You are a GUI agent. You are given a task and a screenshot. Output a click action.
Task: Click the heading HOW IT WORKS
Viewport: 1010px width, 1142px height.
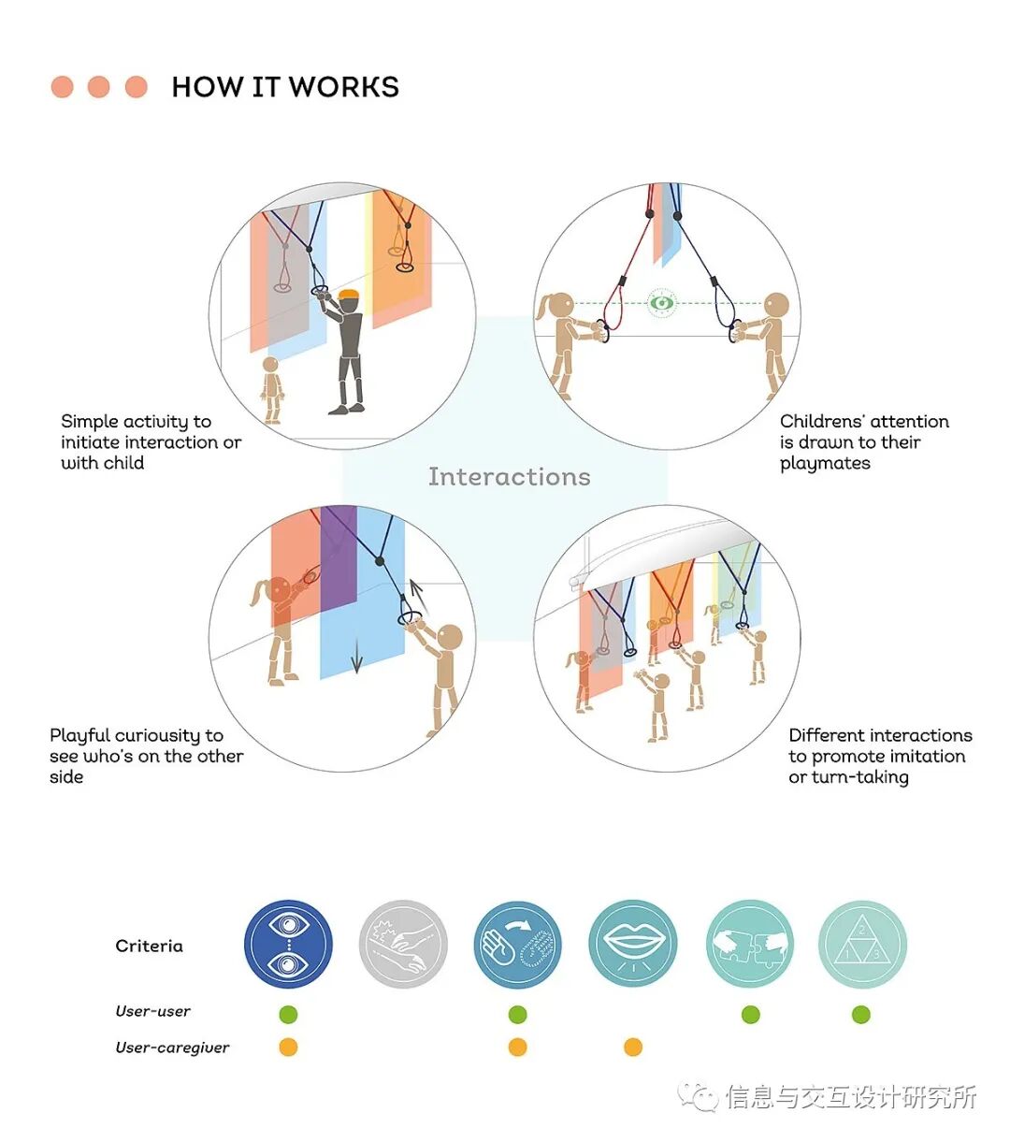(285, 87)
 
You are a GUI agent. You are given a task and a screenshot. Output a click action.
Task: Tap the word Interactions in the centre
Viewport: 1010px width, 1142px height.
(509, 477)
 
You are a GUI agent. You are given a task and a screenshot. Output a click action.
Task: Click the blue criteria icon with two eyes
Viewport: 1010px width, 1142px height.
(288, 945)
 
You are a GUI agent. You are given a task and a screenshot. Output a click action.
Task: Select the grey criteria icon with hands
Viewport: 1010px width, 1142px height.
(403, 945)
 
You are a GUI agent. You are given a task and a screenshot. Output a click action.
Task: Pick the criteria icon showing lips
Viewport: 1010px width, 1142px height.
(633, 945)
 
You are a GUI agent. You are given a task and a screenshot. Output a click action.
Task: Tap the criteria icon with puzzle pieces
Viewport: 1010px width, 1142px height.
(750, 945)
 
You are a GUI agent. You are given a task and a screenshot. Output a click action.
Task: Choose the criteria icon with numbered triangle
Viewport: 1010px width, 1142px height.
(862, 945)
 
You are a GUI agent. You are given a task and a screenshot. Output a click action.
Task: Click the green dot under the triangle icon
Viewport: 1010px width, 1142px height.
(861, 1015)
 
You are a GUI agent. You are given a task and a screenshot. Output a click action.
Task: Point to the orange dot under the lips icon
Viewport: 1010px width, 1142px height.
(633, 1048)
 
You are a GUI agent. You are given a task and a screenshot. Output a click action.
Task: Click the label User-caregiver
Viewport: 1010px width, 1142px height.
(172, 1048)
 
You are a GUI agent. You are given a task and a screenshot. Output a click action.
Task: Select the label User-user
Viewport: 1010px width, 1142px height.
(152, 1011)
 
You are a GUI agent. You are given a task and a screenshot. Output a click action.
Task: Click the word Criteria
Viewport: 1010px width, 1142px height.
(149, 946)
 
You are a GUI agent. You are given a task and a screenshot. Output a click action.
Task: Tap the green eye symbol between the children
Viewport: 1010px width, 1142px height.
(662, 303)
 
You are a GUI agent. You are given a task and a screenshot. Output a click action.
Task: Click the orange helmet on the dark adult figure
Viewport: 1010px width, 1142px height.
(349, 296)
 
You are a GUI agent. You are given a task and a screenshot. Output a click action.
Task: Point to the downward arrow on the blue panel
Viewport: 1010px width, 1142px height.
(356, 662)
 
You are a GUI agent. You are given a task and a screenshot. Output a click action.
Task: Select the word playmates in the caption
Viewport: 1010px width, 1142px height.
(825, 464)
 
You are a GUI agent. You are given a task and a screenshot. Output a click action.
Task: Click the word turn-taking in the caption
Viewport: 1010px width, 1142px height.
(860, 777)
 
